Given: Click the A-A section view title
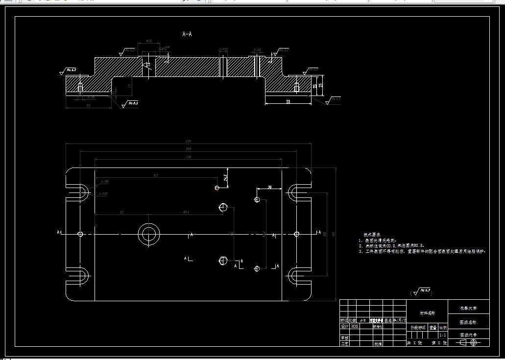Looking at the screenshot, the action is click(187, 34).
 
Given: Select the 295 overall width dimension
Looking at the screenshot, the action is click(188, 141).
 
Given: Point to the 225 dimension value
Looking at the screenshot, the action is click(188, 157).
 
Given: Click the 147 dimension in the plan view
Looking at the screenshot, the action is click(156, 175).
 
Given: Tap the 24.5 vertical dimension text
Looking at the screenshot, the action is click(225, 177).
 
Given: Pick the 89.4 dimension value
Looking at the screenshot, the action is click(186, 212).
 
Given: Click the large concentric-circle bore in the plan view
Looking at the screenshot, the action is click(148, 234).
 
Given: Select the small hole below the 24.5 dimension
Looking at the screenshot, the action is click(217, 187).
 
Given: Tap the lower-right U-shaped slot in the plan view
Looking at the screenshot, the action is click(297, 276).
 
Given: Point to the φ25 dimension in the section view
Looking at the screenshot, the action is click(148, 41).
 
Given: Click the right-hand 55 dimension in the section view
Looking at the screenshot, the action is click(288, 101).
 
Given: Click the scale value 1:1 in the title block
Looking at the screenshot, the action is click(443, 335).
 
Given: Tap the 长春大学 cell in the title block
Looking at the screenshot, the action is click(468, 309).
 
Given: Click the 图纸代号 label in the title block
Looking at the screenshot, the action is click(468, 335).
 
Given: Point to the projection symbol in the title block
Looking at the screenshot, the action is click(468, 343).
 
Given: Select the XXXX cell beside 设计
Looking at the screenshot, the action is click(355, 326).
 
